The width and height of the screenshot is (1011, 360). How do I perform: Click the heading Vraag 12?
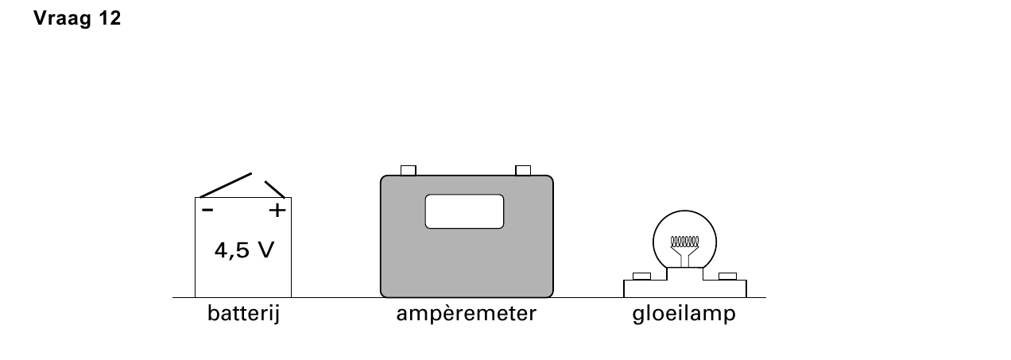tap(77, 18)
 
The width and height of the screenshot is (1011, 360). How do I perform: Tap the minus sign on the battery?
tap(207, 210)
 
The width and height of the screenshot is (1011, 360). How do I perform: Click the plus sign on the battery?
tap(277, 211)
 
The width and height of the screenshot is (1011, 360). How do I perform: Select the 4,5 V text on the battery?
tap(244, 250)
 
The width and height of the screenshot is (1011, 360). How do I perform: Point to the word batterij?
tap(244, 314)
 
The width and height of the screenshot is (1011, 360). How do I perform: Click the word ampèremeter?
tap(467, 314)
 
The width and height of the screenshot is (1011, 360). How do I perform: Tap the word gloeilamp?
tap(684, 314)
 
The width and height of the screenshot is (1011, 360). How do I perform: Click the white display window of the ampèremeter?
tap(464, 211)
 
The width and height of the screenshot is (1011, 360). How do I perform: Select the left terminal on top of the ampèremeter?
tap(408, 171)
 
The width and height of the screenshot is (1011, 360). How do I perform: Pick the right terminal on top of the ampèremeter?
tap(523, 171)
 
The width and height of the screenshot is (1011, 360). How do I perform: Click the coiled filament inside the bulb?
tap(684, 242)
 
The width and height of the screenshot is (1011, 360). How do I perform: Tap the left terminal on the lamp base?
tap(641, 276)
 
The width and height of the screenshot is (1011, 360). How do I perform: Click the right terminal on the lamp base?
tap(727, 276)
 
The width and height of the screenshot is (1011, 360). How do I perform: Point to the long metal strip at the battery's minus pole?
tap(226, 185)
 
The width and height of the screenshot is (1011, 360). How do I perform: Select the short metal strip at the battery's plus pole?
tap(274, 189)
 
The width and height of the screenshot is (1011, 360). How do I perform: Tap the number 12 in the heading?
tap(110, 18)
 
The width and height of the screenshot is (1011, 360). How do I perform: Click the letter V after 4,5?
tap(265, 250)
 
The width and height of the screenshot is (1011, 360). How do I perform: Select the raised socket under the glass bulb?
tap(684, 274)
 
